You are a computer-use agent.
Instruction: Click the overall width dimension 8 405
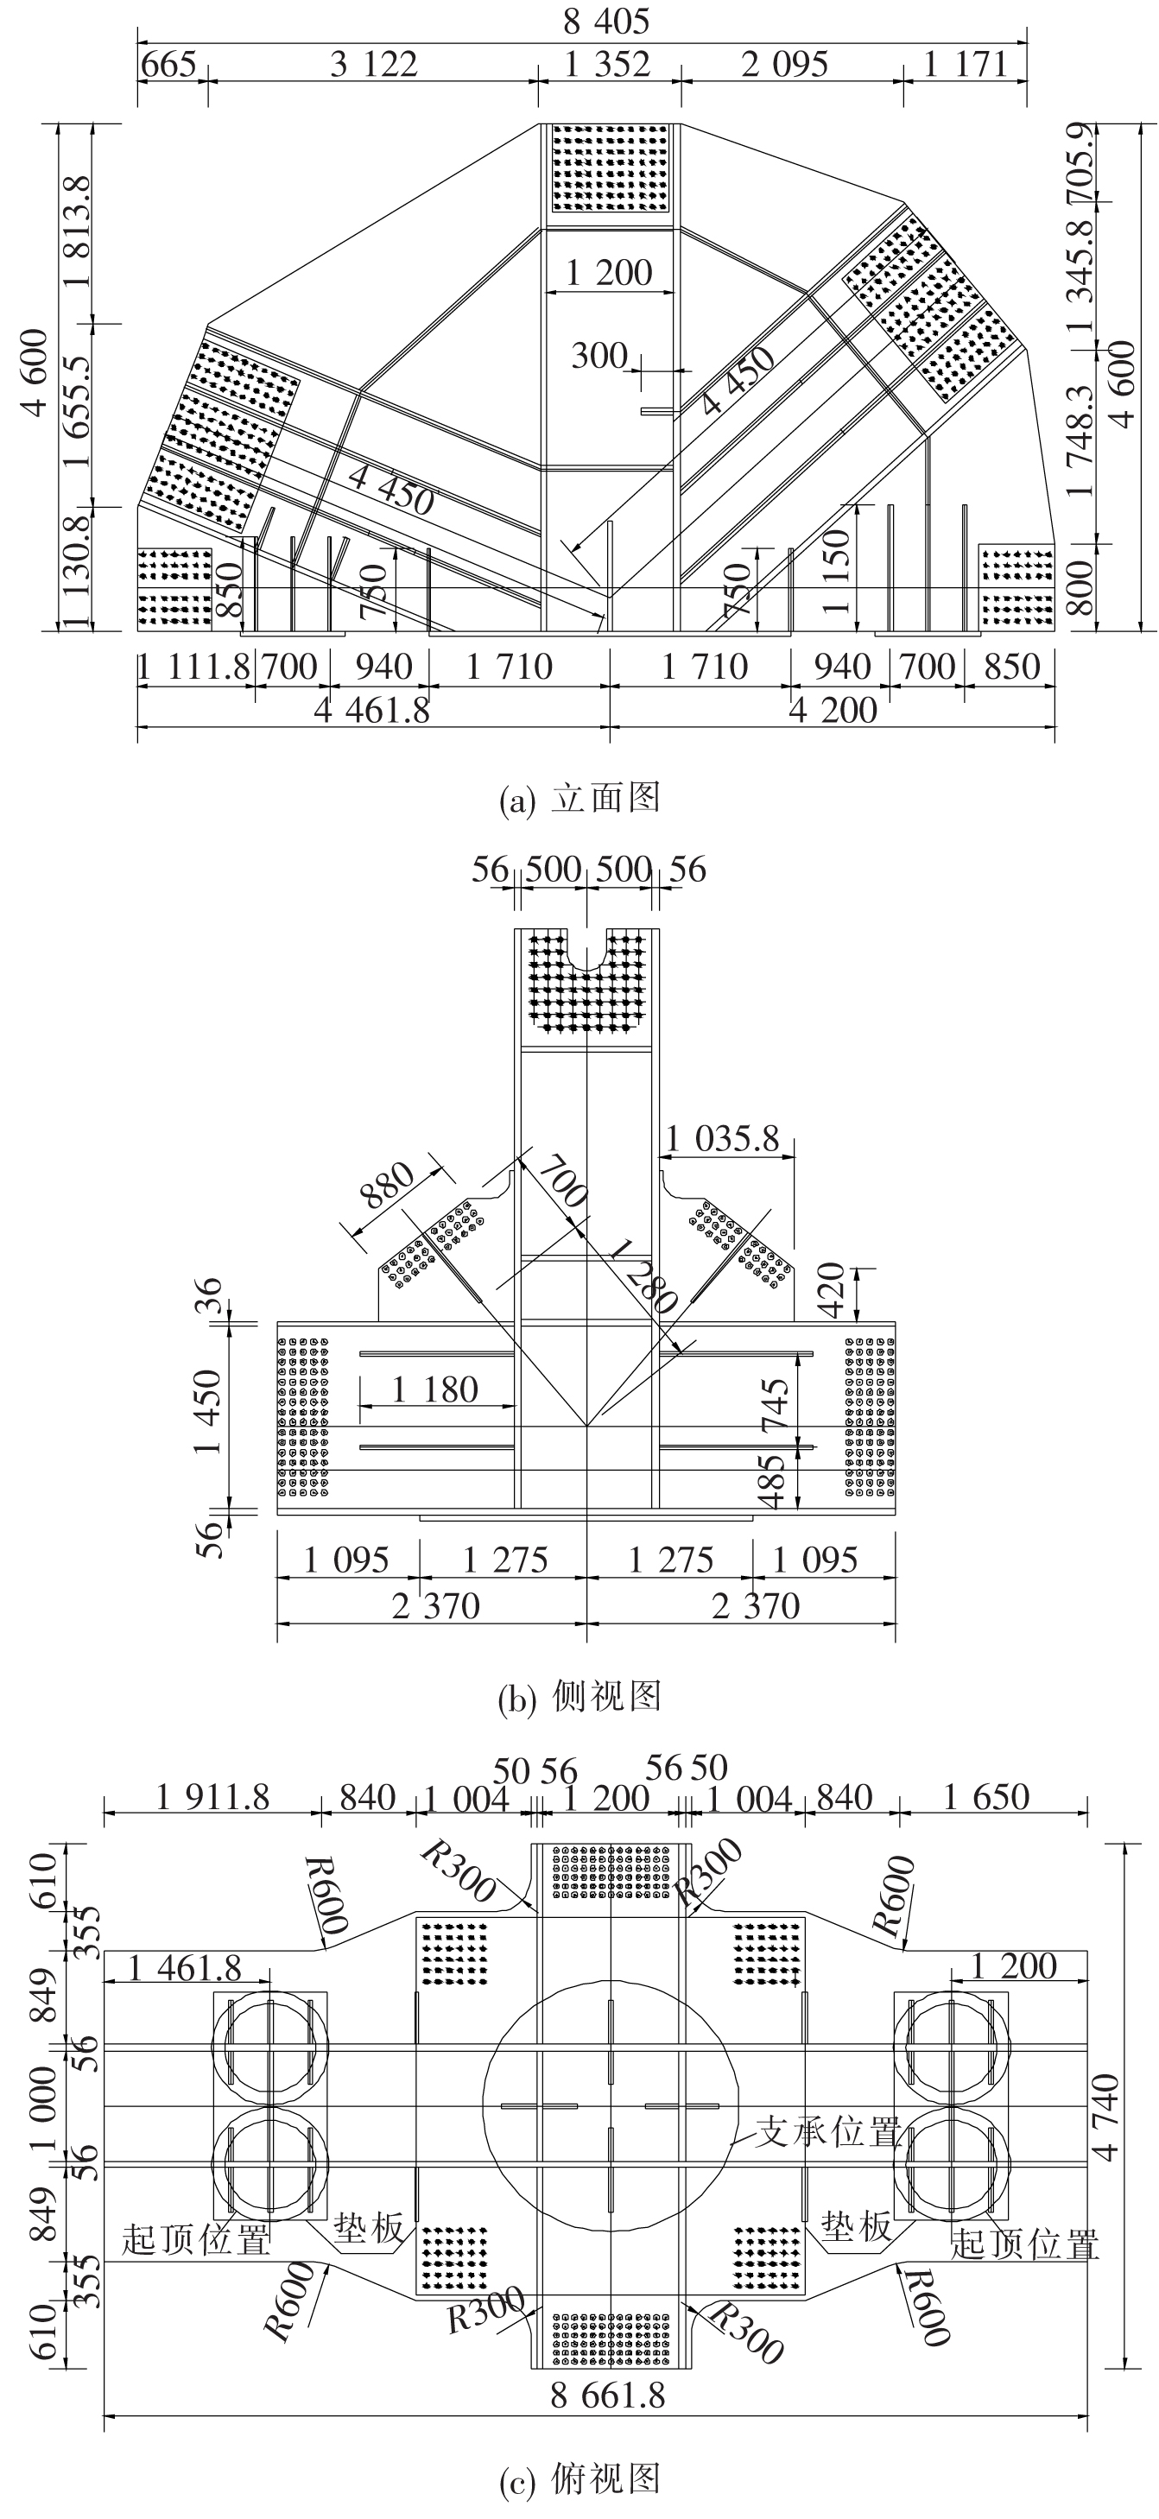pos(606,21)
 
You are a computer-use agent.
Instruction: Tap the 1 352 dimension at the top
pos(607,65)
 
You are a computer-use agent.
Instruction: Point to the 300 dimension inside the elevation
pos(598,356)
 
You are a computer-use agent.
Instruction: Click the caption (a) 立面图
pos(579,798)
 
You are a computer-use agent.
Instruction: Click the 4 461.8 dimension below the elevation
pos(371,711)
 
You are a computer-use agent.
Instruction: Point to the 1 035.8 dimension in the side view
pos(723,1138)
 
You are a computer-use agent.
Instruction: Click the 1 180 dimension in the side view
pos(435,1389)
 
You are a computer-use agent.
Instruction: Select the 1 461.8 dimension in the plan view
pos(186,1965)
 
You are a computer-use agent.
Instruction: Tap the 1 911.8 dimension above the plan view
pos(212,1796)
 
